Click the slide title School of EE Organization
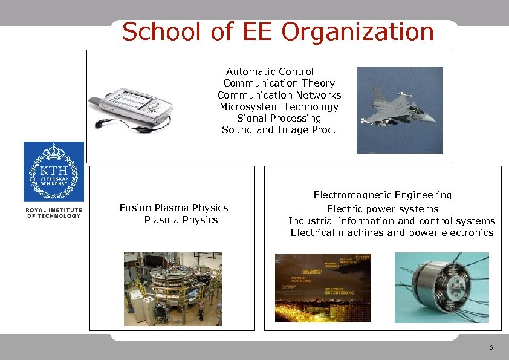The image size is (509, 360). [x=277, y=32]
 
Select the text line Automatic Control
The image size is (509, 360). [x=270, y=72]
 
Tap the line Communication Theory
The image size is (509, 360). [x=279, y=83]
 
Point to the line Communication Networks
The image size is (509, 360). [x=279, y=95]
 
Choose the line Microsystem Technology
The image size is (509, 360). [x=279, y=106]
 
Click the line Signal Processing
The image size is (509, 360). [x=279, y=118]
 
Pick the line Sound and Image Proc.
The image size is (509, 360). [x=279, y=129]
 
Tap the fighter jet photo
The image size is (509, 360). [x=400, y=110]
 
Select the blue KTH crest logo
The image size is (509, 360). [x=54, y=172]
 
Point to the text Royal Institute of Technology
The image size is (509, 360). [x=54, y=213]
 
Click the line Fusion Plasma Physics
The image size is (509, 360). [x=173, y=208]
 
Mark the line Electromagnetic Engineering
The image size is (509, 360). [x=382, y=195]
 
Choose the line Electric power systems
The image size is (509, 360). [x=382, y=209]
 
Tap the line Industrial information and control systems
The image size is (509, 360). [x=391, y=221]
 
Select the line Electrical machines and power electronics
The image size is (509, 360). [x=391, y=233]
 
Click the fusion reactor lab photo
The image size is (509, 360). [x=173, y=289]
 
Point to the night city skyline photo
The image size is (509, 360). [x=324, y=287]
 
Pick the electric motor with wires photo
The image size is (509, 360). [x=441, y=287]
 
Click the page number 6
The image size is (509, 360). [x=490, y=348]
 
